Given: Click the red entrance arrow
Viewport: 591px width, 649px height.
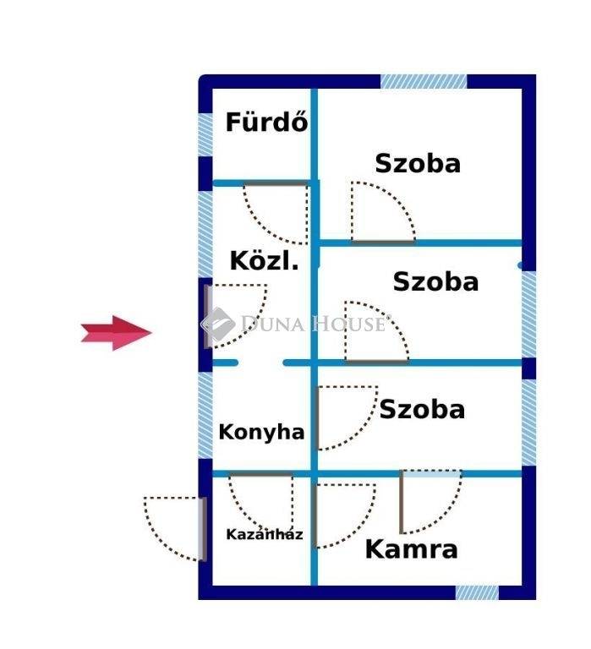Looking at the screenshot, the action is click(x=117, y=333).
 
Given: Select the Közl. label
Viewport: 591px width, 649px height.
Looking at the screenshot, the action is click(x=265, y=261).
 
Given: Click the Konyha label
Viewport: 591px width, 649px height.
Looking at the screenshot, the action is click(x=261, y=433).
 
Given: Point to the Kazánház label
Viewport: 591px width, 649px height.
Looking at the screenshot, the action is click(x=265, y=534).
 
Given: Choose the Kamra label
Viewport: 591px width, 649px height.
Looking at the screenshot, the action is click(x=411, y=548).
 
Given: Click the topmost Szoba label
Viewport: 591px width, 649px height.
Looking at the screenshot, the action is click(x=418, y=163).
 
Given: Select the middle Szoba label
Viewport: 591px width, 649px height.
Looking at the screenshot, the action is click(x=435, y=282).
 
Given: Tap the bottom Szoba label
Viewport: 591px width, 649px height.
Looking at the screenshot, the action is click(x=422, y=409).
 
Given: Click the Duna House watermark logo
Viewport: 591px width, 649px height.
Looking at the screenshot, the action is click(x=295, y=324).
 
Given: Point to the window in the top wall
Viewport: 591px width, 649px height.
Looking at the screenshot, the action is click(x=424, y=81).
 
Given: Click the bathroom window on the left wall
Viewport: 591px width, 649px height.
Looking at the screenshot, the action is click(x=205, y=134).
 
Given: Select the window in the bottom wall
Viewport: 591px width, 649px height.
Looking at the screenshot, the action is click(x=477, y=592).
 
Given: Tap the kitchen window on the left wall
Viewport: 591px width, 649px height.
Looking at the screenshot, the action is click(x=205, y=415).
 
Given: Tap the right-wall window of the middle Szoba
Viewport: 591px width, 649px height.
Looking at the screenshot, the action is click(x=529, y=314).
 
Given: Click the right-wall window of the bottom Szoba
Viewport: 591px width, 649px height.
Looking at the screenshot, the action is click(x=529, y=423).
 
